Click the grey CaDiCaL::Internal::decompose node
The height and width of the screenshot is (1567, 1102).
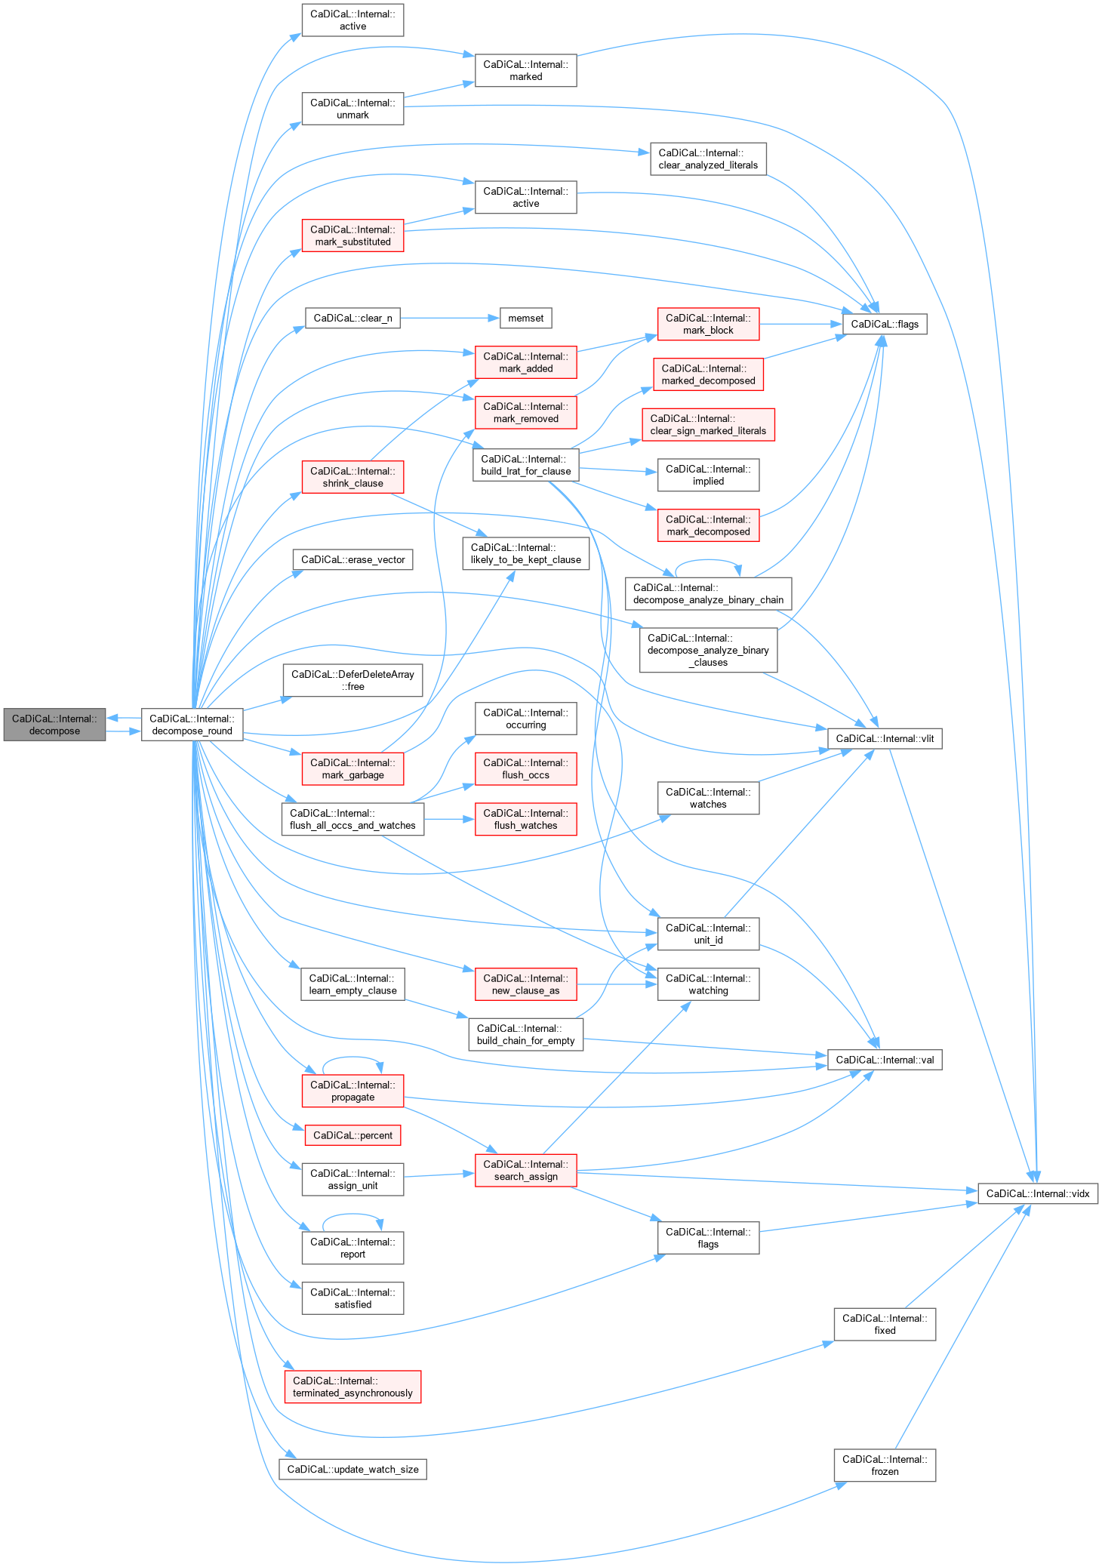54,725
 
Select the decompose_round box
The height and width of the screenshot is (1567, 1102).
192,725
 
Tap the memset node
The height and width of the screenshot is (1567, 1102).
525,319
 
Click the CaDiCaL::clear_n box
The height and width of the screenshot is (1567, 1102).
352,319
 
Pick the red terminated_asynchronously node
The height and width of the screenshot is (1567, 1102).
352,1387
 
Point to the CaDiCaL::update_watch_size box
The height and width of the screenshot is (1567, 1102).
352,1470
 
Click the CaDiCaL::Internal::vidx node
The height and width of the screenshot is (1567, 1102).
1037,1193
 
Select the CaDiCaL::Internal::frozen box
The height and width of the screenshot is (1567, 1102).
885,1465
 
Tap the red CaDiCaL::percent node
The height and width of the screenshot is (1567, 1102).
352,1135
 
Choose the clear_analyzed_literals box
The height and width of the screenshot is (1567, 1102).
708,159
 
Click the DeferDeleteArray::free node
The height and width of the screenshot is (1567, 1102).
352,680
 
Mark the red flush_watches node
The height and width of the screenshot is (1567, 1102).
525,819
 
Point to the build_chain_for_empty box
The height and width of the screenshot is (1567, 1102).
525,1034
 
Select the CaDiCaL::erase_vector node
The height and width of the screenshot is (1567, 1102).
352,559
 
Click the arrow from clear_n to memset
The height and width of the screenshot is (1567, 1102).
450,319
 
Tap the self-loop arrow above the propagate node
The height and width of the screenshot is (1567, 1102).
352,1058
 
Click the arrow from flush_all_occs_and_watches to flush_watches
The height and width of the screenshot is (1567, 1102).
449,819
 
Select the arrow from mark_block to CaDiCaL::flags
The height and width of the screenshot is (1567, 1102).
800,325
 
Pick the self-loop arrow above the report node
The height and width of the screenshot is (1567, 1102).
352,1215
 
